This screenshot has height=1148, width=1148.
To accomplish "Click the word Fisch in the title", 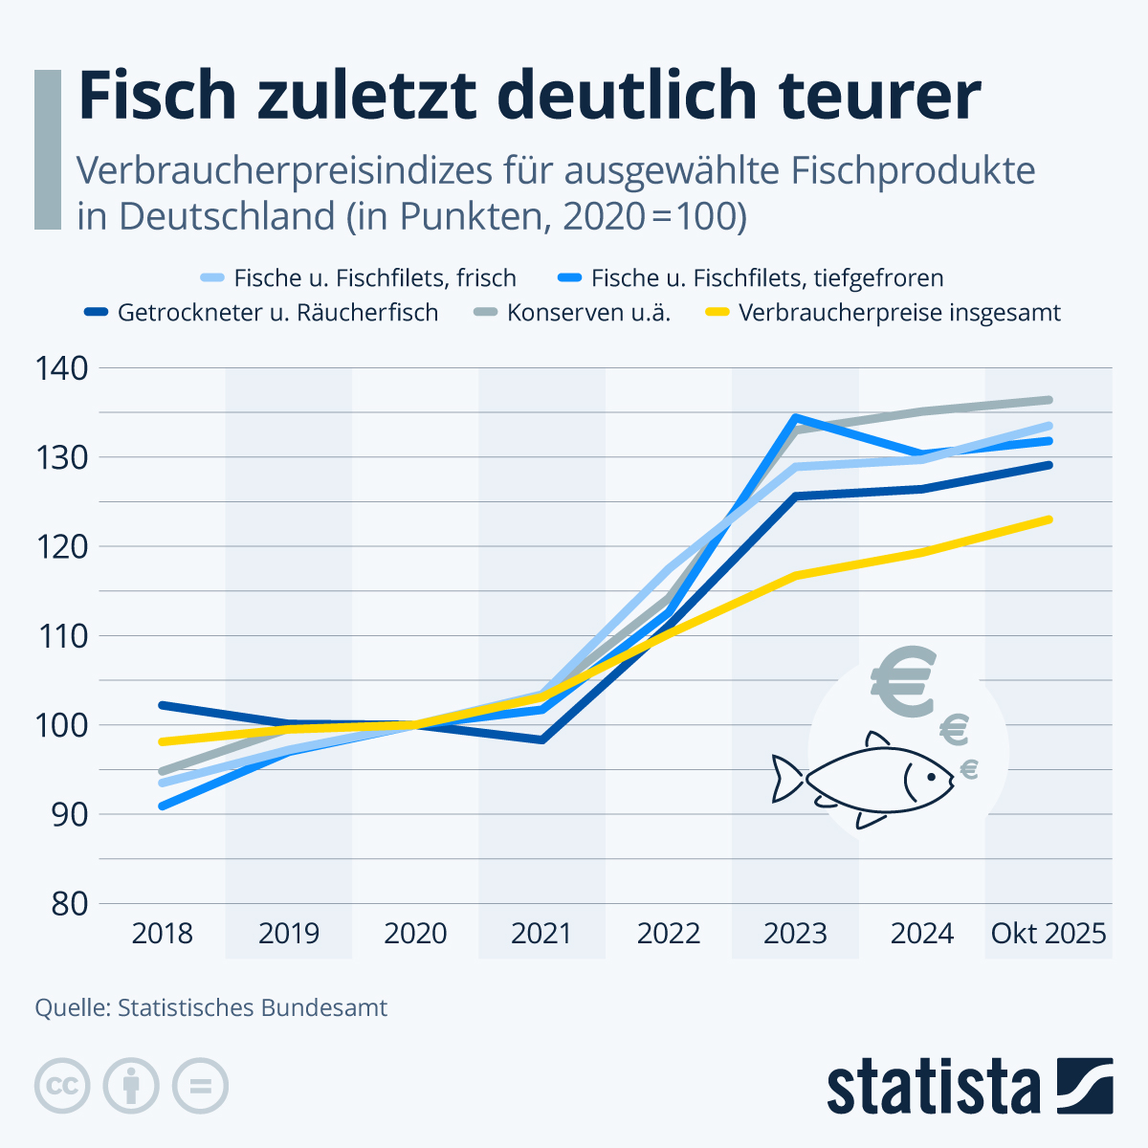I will [x=157, y=95].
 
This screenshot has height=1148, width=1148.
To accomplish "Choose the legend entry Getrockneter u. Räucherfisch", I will [x=277, y=313].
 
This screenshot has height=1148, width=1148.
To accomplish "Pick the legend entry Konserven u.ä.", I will [x=588, y=313].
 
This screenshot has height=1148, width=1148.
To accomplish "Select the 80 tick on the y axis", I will [x=67, y=904].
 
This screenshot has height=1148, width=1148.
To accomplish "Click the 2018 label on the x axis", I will [x=163, y=934].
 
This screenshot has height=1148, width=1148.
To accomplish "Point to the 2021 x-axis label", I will [x=541, y=934].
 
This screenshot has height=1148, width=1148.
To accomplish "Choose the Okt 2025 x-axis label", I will [x=1049, y=934].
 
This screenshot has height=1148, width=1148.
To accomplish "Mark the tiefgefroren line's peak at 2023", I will [x=796, y=418].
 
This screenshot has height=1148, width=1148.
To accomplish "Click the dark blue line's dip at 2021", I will [x=542, y=740].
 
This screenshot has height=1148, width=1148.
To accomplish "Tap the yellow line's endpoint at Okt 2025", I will [x=1049, y=520].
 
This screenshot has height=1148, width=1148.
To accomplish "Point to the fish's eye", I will [x=928, y=776].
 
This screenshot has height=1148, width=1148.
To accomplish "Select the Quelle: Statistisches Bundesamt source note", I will [x=211, y=1008].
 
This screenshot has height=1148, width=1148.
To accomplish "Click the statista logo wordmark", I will [x=933, y=1087].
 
